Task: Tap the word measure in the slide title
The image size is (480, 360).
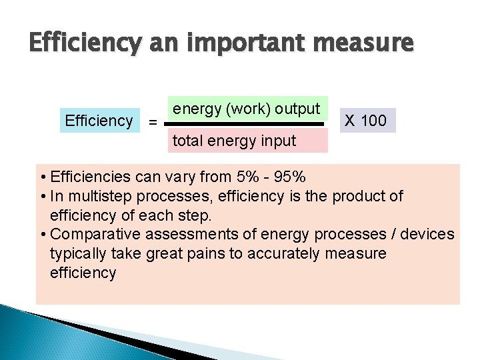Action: pyautogui.click(x=366, y=45)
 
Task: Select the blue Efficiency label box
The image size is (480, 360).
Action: pyautogui.click(x=99, y=121)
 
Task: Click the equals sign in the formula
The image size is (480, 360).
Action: pyautogui.click(x=153, y=123)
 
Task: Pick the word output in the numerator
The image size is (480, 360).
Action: pyautogui.click(x=297, y=109)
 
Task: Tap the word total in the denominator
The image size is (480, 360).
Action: pyautogui.click(x=188, y=141)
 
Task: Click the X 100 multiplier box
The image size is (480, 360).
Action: pyautogui.click(x=365, y=121)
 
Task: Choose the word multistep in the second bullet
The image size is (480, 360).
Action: pyautogui.click(x=97, y=196)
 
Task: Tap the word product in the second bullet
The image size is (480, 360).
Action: pyautogui.click(x=359, y=196)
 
